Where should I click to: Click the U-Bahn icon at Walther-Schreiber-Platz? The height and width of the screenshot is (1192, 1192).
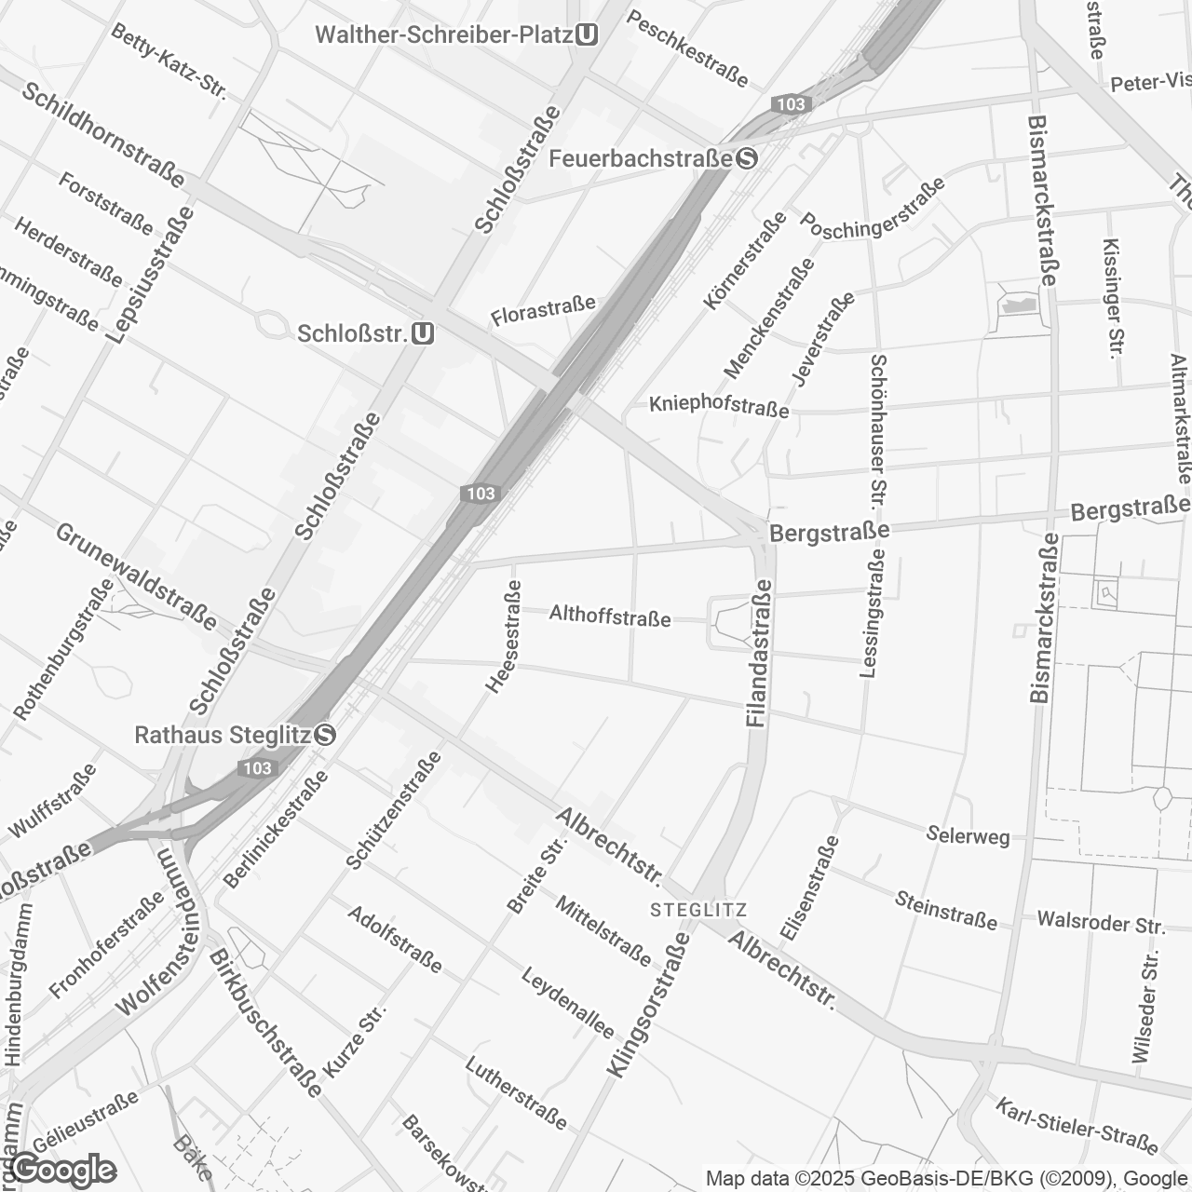point(587,35)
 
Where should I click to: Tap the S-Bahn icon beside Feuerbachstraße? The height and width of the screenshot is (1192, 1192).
point(746,158)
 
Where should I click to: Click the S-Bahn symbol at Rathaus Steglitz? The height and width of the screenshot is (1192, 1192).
point(325,735)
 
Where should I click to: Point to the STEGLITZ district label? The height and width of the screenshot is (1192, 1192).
point(699,909)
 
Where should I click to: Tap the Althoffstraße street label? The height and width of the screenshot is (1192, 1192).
point(610,616)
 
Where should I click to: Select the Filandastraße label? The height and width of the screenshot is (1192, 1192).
point(758,653)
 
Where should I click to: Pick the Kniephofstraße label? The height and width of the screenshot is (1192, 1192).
point(719,405)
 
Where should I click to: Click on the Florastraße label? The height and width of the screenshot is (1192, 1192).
point(543,311)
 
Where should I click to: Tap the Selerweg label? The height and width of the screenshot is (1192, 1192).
point(968,834)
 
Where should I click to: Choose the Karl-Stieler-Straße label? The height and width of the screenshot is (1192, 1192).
point(1077,1125)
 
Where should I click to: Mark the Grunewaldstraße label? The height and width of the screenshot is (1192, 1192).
point(136,576)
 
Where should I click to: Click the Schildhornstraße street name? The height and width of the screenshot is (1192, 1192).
point(103,133)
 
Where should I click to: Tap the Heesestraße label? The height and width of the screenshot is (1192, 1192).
point(501,637)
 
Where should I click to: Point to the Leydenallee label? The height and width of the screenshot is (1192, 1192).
point(567,1002)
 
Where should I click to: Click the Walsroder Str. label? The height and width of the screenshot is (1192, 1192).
point(1101,923)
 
